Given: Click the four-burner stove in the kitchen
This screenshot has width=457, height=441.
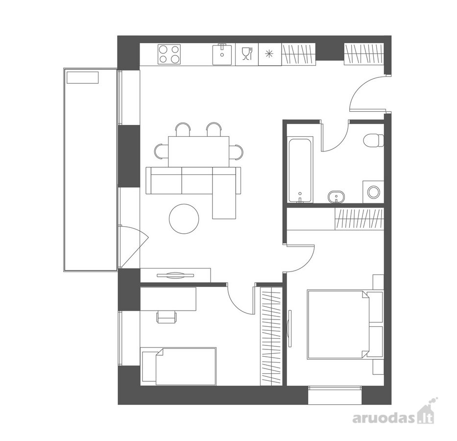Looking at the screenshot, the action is point(169,54).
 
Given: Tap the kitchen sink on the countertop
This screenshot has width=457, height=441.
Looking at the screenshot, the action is point(222,54).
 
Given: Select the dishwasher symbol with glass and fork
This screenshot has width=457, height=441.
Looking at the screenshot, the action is point(247,54).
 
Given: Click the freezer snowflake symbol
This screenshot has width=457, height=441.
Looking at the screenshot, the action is point(270,54).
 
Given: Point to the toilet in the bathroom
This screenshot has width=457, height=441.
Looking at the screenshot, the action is point(374,141).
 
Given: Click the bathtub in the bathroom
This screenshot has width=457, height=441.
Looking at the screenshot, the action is point(300,171).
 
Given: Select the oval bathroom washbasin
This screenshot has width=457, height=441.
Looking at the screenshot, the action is point(337,196).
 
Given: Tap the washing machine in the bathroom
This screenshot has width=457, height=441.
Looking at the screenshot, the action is point(373,192).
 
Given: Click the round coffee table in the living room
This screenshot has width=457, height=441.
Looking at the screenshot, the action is point(184,219).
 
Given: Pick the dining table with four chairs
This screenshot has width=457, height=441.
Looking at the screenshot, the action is point(199,151).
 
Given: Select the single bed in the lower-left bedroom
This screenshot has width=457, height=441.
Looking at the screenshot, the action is point(178,366).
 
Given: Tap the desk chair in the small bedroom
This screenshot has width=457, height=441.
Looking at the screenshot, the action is point(167,317).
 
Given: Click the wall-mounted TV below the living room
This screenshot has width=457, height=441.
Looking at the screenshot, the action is point(175,275).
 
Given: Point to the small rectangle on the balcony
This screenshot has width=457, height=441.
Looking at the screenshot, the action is point(83,78).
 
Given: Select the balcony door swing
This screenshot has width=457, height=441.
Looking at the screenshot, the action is point(134,246).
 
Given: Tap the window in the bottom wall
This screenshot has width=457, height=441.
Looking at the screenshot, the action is point(335,395).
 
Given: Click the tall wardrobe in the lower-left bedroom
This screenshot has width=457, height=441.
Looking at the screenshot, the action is point(271,336).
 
